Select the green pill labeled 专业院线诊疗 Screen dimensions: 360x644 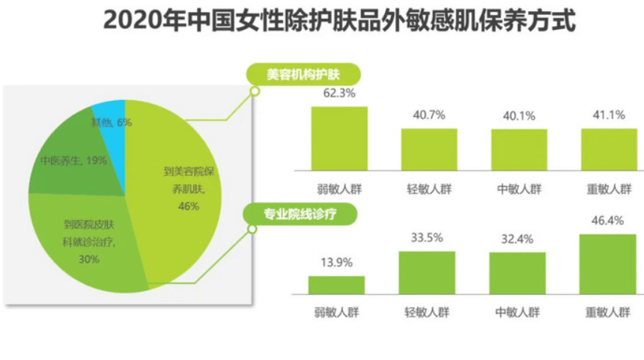tap(302, 215)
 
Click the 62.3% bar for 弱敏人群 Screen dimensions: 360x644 tap(339, 139)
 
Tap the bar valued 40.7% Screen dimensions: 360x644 tap(429, 150)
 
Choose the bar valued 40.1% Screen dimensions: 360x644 tap(519, 150)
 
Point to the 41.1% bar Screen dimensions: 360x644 tap(609, 150)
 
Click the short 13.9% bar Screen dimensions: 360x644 tap(336, 285)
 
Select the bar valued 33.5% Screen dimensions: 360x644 tap(427, 272)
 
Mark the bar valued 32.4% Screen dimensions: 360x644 tap(517, 273)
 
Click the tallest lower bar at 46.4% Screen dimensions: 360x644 tap(608, 264)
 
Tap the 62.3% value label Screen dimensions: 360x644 tap(339, 94)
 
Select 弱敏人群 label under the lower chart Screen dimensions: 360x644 tap(336, 312)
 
